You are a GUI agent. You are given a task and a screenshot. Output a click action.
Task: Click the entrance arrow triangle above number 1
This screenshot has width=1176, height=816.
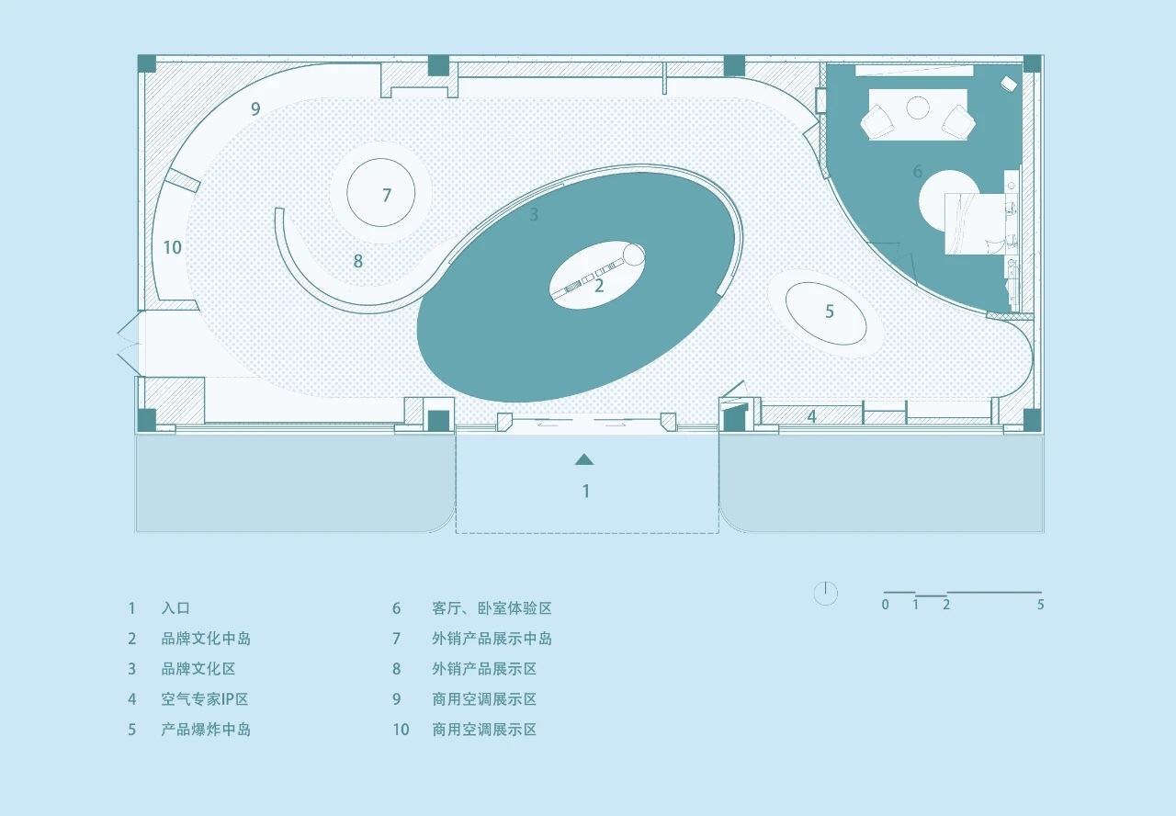584,459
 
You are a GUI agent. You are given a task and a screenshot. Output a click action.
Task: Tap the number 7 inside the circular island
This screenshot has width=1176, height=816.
387,195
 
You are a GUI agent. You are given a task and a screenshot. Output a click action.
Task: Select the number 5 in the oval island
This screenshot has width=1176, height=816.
829,312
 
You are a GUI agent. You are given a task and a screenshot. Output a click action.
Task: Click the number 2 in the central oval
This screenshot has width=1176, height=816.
599,286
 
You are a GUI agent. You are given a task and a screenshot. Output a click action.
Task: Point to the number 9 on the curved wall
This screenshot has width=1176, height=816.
255,108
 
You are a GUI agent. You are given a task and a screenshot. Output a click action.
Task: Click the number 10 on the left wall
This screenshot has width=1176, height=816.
172,247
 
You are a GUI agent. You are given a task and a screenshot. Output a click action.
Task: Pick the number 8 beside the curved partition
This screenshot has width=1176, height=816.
358,261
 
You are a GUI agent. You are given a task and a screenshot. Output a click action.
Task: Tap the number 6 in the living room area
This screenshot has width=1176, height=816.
917,171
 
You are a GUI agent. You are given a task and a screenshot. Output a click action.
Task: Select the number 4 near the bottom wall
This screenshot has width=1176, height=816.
811,416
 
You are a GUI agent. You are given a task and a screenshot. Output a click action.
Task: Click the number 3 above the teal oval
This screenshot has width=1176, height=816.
534,215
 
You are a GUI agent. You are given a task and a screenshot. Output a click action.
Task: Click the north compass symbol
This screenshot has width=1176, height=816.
826,594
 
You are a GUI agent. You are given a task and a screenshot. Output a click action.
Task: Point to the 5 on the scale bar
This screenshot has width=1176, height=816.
1040,605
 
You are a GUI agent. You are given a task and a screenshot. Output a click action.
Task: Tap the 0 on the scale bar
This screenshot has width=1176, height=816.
885,605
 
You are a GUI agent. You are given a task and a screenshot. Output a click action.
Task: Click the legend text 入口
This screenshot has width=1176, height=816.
175,608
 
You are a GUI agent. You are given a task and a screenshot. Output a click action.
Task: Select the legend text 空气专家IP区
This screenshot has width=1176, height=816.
205,699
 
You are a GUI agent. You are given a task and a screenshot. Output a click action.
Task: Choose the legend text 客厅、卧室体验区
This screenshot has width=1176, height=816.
492,608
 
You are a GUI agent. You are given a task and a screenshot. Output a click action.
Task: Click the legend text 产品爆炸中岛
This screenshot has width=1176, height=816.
206,730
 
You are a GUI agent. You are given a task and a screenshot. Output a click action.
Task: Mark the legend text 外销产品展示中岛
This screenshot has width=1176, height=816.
492,639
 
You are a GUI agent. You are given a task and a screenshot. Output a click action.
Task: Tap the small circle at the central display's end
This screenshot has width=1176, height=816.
634,253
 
